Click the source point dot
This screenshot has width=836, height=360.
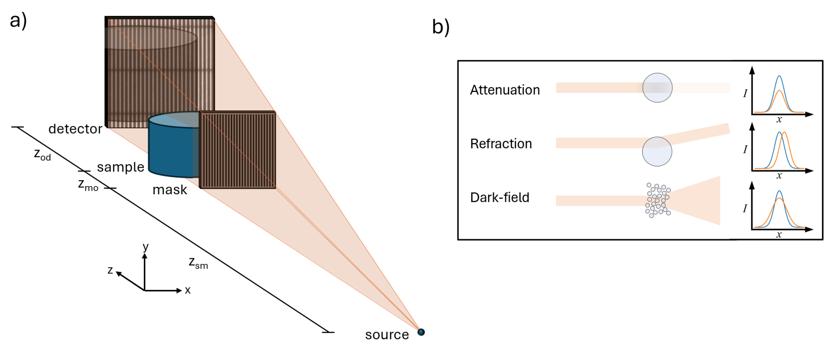tap(421, 332)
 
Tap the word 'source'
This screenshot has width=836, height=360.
tap(387, 335)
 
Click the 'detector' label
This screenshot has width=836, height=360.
tap(75, 129)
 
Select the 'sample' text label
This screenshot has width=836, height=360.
tap(121, 167)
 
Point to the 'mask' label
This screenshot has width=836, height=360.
tap(170, 190)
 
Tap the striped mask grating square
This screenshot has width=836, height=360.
tap(238, 150)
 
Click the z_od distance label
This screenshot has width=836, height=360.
tap(42, 154)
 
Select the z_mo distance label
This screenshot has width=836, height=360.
tap(88, 185)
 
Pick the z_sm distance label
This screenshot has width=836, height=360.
tap(198, 262)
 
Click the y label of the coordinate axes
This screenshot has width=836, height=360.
tap(146, 247)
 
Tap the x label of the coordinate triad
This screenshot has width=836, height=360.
tap(187, 291)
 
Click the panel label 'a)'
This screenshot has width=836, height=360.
tap(18, 20)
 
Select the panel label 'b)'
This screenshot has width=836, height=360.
tap(441, 27)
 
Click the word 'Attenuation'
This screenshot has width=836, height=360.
tap(505, 90)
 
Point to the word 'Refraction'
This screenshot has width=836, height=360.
tap(501, 144)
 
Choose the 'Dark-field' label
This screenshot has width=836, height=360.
tap(500, 197)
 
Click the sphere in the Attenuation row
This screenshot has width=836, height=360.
tap(657, 88)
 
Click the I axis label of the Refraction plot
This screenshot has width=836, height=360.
tap(745, 149)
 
